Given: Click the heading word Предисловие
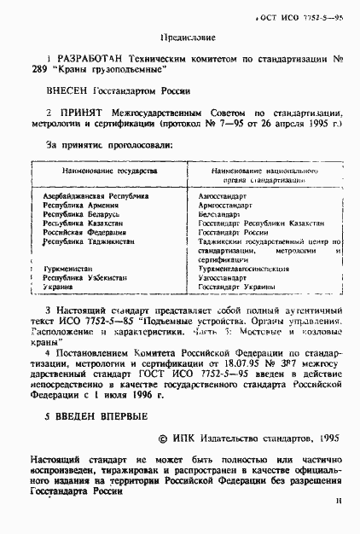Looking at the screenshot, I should [x=187, y=39].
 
